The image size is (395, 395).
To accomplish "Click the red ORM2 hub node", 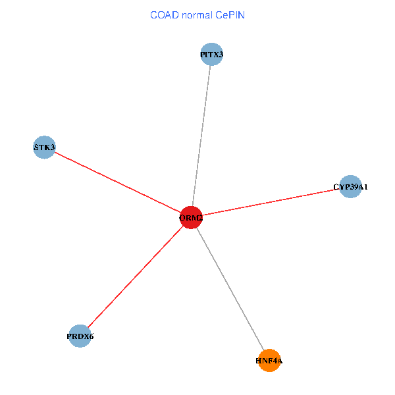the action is coord(191,217).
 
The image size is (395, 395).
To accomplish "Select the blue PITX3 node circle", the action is coord(211,54).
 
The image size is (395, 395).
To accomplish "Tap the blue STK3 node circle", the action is coord(44,147).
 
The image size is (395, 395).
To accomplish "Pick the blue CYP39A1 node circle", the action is coord(350,187).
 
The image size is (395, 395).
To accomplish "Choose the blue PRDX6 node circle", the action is coord(80,336).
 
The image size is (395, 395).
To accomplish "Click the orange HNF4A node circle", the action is coord(269,361).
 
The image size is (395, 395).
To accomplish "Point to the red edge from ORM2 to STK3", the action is coord(117,182).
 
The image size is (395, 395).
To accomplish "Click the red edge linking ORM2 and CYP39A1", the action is coord(271,202).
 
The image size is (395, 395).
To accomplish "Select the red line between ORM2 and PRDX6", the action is coord(135,277).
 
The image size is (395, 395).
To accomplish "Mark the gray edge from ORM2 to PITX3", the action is coord(201,136).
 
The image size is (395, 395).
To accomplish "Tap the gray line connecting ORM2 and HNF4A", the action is coord(230,289).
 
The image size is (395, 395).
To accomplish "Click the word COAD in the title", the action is coord(164,14).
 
